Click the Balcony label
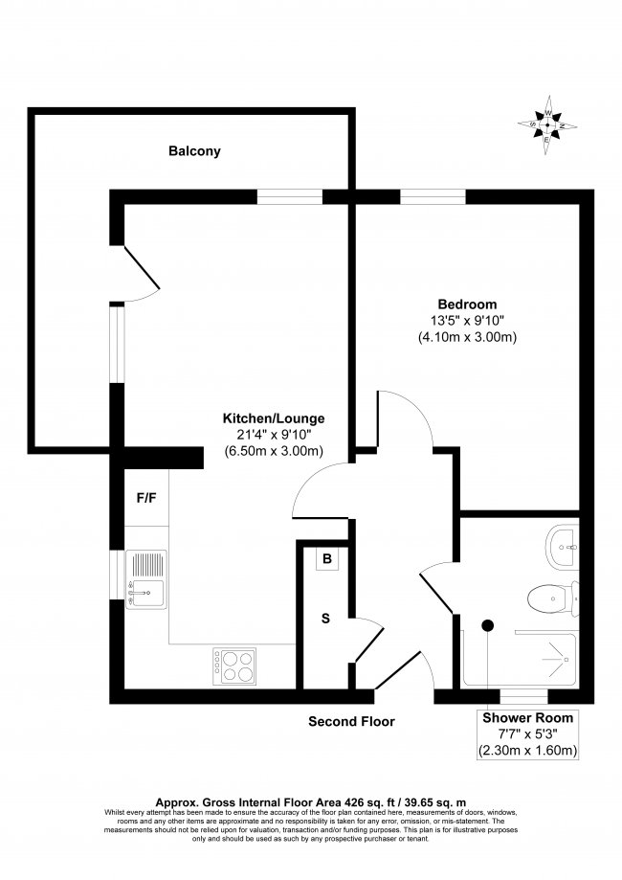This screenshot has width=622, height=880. (x=194, y=151)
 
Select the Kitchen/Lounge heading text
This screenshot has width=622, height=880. (x=274, y=418)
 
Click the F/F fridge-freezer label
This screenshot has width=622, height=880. (x=146, y=498)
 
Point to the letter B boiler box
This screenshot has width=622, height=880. (x=326, y=559)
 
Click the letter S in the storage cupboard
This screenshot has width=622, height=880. (x=325, y=619)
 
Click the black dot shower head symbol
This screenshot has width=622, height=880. (x=487, y=625)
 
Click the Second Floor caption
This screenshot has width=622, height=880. (x=351, y=721)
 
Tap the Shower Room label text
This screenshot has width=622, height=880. (x=527, y=717)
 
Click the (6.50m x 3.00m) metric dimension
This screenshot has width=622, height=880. (x=274, y=451)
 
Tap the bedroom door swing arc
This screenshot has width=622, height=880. (x=407, y=421)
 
